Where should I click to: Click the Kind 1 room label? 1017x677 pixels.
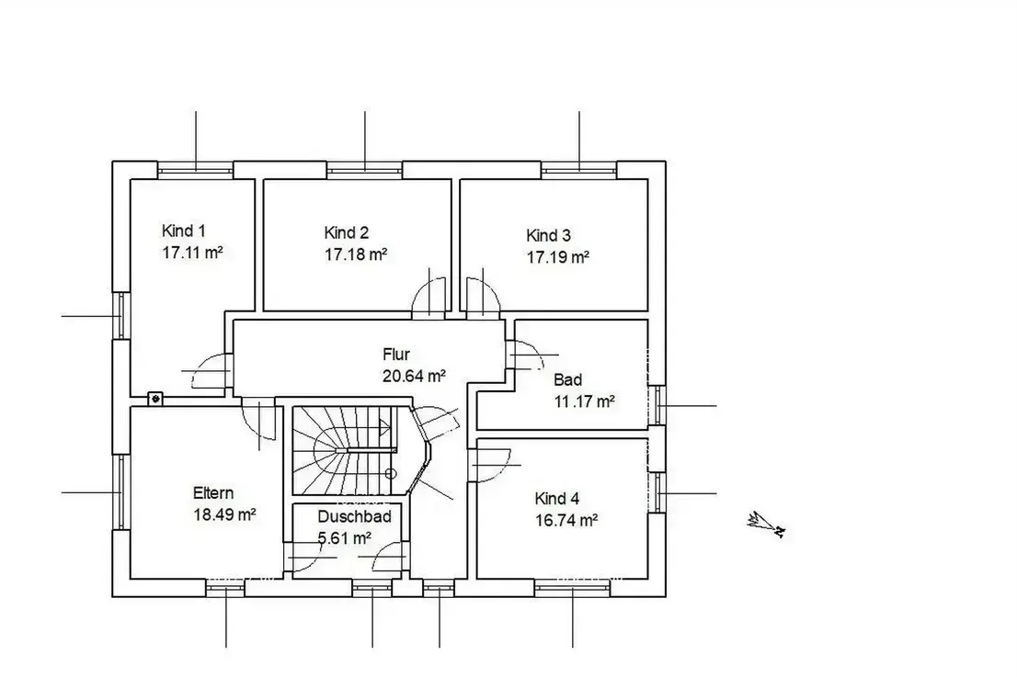click(184, 231)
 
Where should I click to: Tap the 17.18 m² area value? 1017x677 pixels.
click(356, 254)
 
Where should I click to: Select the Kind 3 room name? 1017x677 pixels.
click(548, 235)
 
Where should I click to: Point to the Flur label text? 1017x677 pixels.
click(395, 355)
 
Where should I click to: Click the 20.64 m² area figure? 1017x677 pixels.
click(414, 376)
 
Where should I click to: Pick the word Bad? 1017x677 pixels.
click(567, 379)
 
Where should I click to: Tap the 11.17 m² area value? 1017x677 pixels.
click(585, 401)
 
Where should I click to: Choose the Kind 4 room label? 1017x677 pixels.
click(556, 499)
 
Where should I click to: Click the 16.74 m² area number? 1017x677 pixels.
click(566, 520)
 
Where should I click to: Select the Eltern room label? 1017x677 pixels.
click(212, 493)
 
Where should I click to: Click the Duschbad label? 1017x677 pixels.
click(354, 516)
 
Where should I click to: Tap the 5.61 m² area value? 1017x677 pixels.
click(345, 538)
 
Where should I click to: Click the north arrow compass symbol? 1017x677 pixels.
click(767, 525)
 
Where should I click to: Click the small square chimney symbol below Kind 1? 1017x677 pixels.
click(155, 399)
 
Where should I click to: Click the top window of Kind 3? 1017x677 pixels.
click(578, 170)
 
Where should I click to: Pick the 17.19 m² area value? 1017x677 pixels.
click(558, 257)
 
